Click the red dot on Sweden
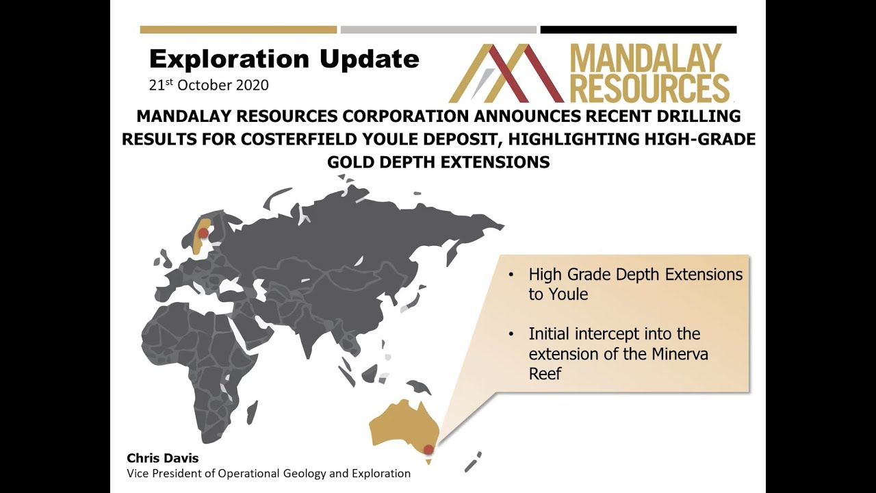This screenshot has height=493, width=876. (203, 233)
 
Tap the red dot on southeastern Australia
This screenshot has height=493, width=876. (428, 450)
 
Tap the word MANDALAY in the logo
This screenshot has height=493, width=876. (645, 60)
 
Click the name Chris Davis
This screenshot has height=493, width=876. (162, 458)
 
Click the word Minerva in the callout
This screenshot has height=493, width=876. (674, 355)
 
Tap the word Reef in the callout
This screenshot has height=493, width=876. (545, 374)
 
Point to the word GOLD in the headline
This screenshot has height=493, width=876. (354, 162)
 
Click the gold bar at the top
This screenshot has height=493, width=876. (238, 30)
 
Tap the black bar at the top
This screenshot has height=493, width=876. (638, 30)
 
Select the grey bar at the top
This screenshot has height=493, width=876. (438, 30)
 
